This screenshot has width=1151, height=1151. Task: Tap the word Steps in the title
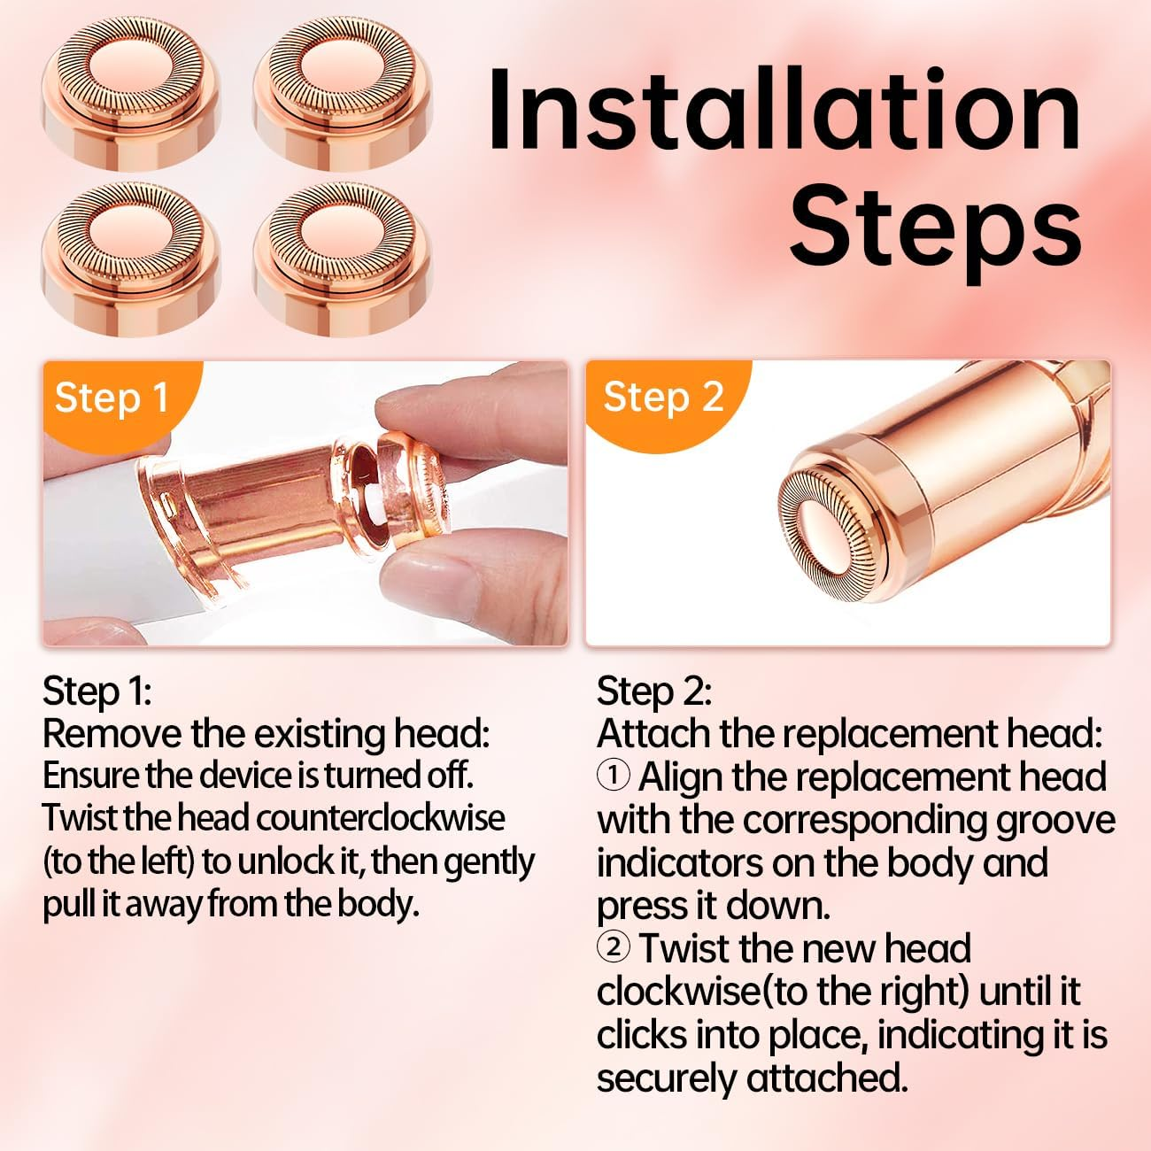(935, 226)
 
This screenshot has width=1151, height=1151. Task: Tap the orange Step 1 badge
(111, 398)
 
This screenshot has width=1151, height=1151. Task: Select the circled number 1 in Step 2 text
(614, 776)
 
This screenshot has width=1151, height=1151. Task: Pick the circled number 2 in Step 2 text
(614, 947)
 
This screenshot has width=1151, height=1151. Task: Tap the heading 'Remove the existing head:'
(266, 734)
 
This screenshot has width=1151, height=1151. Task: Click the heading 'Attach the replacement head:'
(849, 734)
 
